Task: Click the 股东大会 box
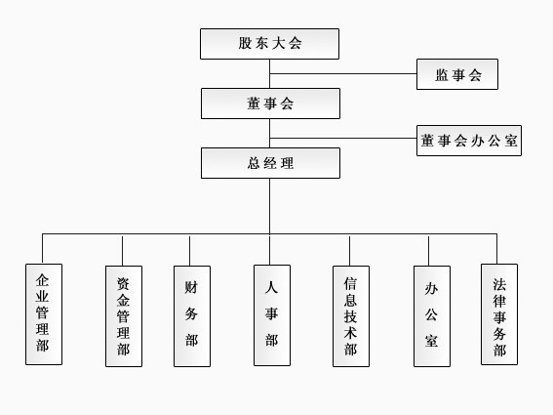[x=269, y=44]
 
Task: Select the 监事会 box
[x=457, y=74]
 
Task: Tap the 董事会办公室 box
[x=469, y=141]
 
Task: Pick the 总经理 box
[x=270, y=163]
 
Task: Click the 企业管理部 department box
[x=44, y=314]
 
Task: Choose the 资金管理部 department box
[x=124, y=316]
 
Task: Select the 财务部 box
[x=192, y=316]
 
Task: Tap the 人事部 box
[x=272, y=315]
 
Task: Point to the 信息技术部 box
[x=351, y=316]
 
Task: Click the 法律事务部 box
[x=499, y=314]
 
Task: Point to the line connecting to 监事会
[x=343, y=74]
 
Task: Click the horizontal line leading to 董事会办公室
[x=343, y=138]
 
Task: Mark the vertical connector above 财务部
[x=190, y=251]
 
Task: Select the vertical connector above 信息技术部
[x=349, y=251]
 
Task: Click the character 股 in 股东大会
[x=245, y=43]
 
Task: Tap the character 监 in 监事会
[x=442, y=75]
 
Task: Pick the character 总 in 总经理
[x=254, y=163]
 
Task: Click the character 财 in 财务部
[x=191, y=287]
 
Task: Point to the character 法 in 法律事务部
[x=499, y=284]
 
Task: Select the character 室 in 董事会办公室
[x=511, y=141]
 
